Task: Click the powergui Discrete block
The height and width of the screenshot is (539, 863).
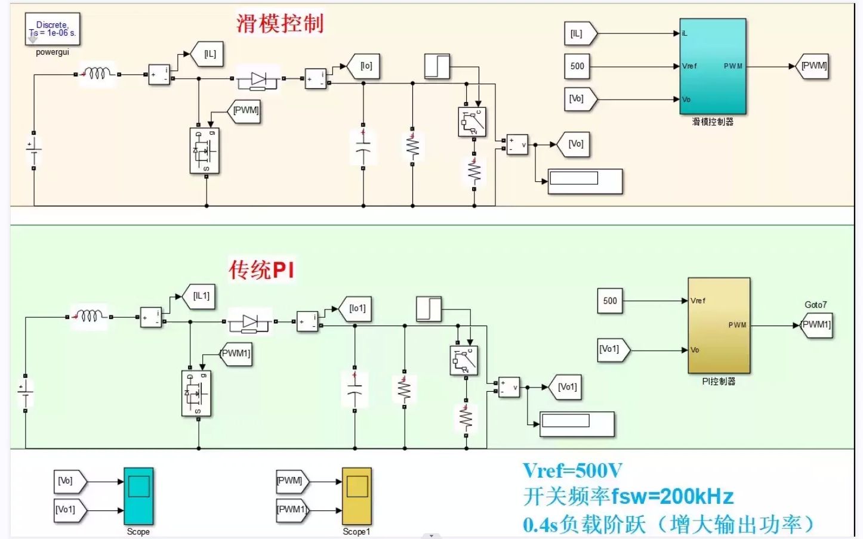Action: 53,29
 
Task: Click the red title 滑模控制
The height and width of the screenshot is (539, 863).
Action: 279,24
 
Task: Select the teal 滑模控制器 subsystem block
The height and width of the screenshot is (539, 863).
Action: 713,66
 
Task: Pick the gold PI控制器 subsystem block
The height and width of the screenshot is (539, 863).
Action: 719,326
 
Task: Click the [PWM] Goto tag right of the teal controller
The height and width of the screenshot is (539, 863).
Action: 813,66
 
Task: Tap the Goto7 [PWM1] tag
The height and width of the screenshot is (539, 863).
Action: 816,325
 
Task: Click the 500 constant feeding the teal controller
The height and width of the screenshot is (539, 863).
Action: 577,66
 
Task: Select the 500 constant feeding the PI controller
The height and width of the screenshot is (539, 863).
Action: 610,301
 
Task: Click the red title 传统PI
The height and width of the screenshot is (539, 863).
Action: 261,270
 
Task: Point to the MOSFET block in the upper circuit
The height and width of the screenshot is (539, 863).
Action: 205,151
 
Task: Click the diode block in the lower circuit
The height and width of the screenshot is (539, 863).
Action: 250,322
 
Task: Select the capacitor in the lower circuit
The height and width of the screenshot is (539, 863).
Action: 355,389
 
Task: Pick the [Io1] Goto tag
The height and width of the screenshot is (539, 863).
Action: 356,309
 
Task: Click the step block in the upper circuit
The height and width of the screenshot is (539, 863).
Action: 437,66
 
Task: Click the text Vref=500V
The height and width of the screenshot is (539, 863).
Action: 572,471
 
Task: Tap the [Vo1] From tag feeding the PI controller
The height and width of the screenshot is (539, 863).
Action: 612,349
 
